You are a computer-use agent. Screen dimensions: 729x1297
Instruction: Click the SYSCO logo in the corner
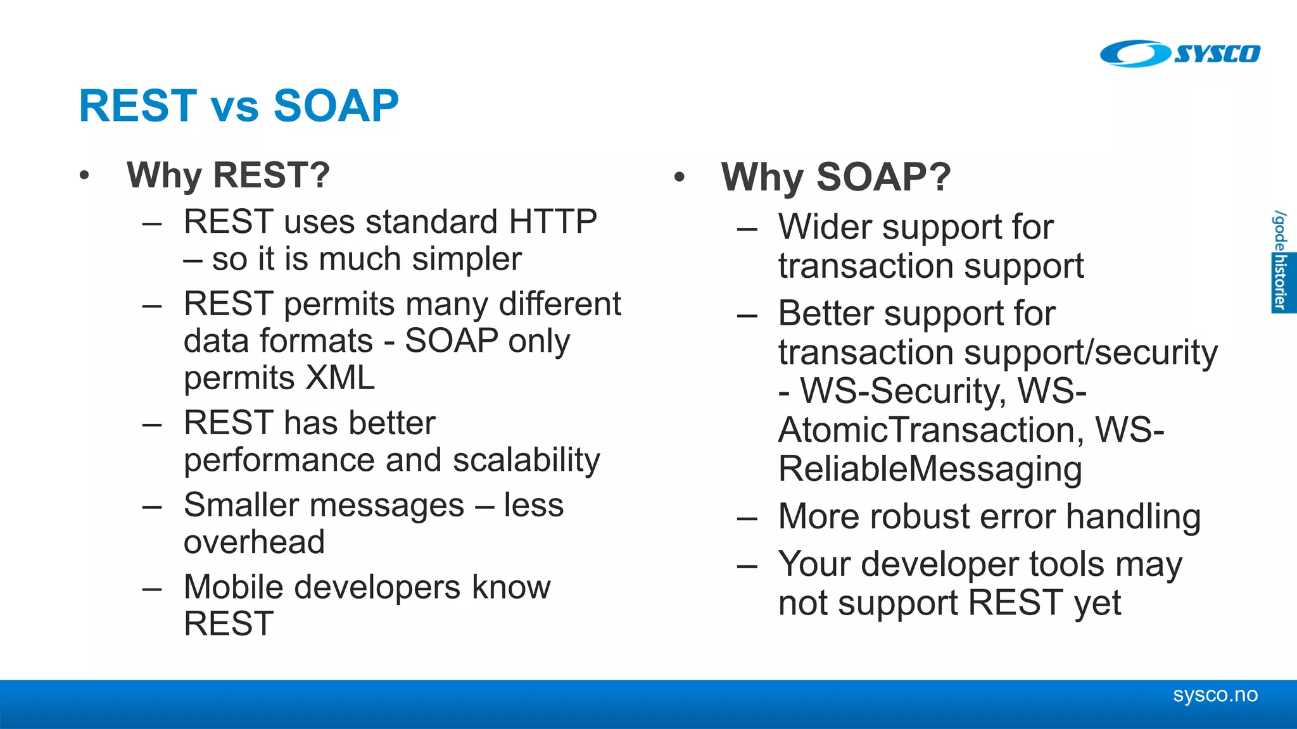[x=1179, y=53]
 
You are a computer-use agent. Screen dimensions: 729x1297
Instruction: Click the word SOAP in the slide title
[x=336, y=106]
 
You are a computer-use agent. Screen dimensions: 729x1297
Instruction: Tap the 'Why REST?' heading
[x=228, y=175]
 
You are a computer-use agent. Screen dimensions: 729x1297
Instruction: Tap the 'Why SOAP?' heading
[x=835, y=177]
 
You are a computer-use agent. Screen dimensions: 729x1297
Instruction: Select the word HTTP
[x=552, y=222]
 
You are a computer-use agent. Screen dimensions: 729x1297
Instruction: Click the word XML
[x=341, y=378]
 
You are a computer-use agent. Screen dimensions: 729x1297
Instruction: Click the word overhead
[x=254, y=542]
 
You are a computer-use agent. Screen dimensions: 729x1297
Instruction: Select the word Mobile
[x=233, y=587]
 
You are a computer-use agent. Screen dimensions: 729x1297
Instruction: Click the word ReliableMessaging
[x=930, y=470]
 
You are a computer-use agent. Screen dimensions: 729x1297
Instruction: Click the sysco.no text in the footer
[x=1215, y=695]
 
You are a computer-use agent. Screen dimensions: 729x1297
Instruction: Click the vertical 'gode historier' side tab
[x=1281, y=261]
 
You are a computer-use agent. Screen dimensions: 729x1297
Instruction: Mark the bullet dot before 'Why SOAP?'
[x=680, y=178]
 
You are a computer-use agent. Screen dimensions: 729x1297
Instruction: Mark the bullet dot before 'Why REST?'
[x=84, y=176]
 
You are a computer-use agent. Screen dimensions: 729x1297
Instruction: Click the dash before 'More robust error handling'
[x=747, y=519]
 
